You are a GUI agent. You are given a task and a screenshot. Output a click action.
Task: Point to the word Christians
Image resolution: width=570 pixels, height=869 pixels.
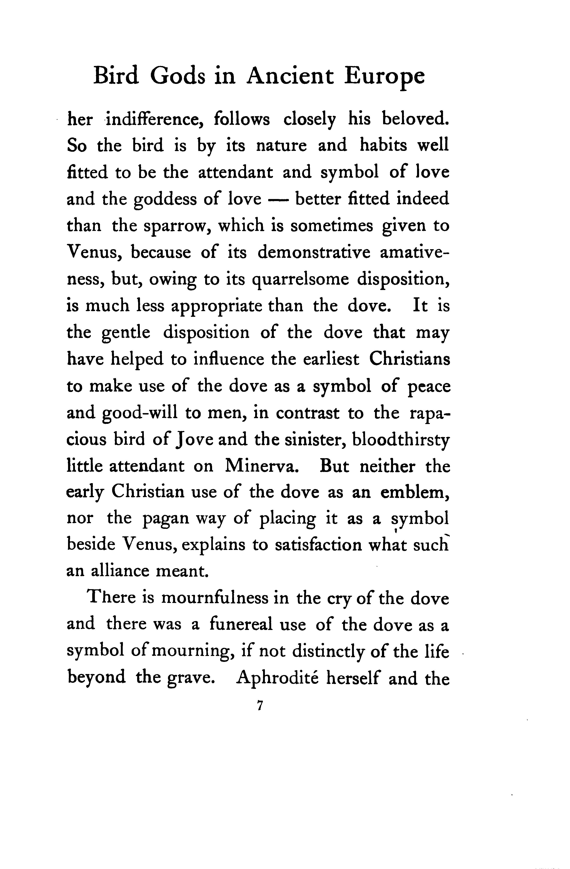410,359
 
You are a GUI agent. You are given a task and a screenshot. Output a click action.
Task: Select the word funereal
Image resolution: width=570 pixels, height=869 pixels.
241,625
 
